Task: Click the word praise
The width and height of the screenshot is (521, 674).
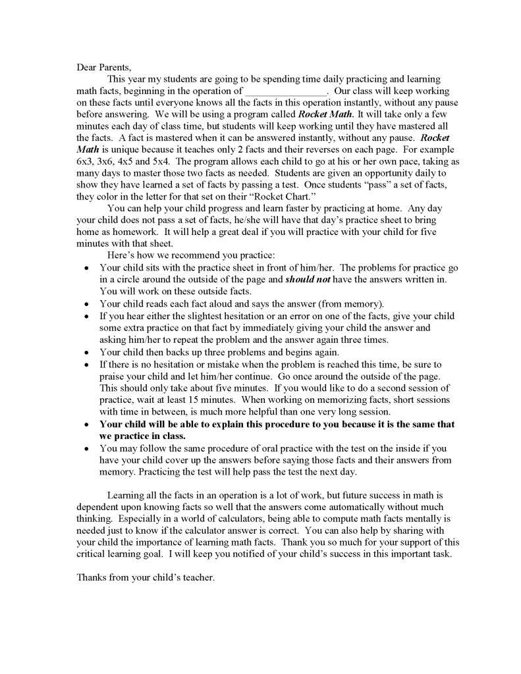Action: tap(113, 376)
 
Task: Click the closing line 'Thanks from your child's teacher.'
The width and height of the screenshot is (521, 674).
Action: tap(146, 578)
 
